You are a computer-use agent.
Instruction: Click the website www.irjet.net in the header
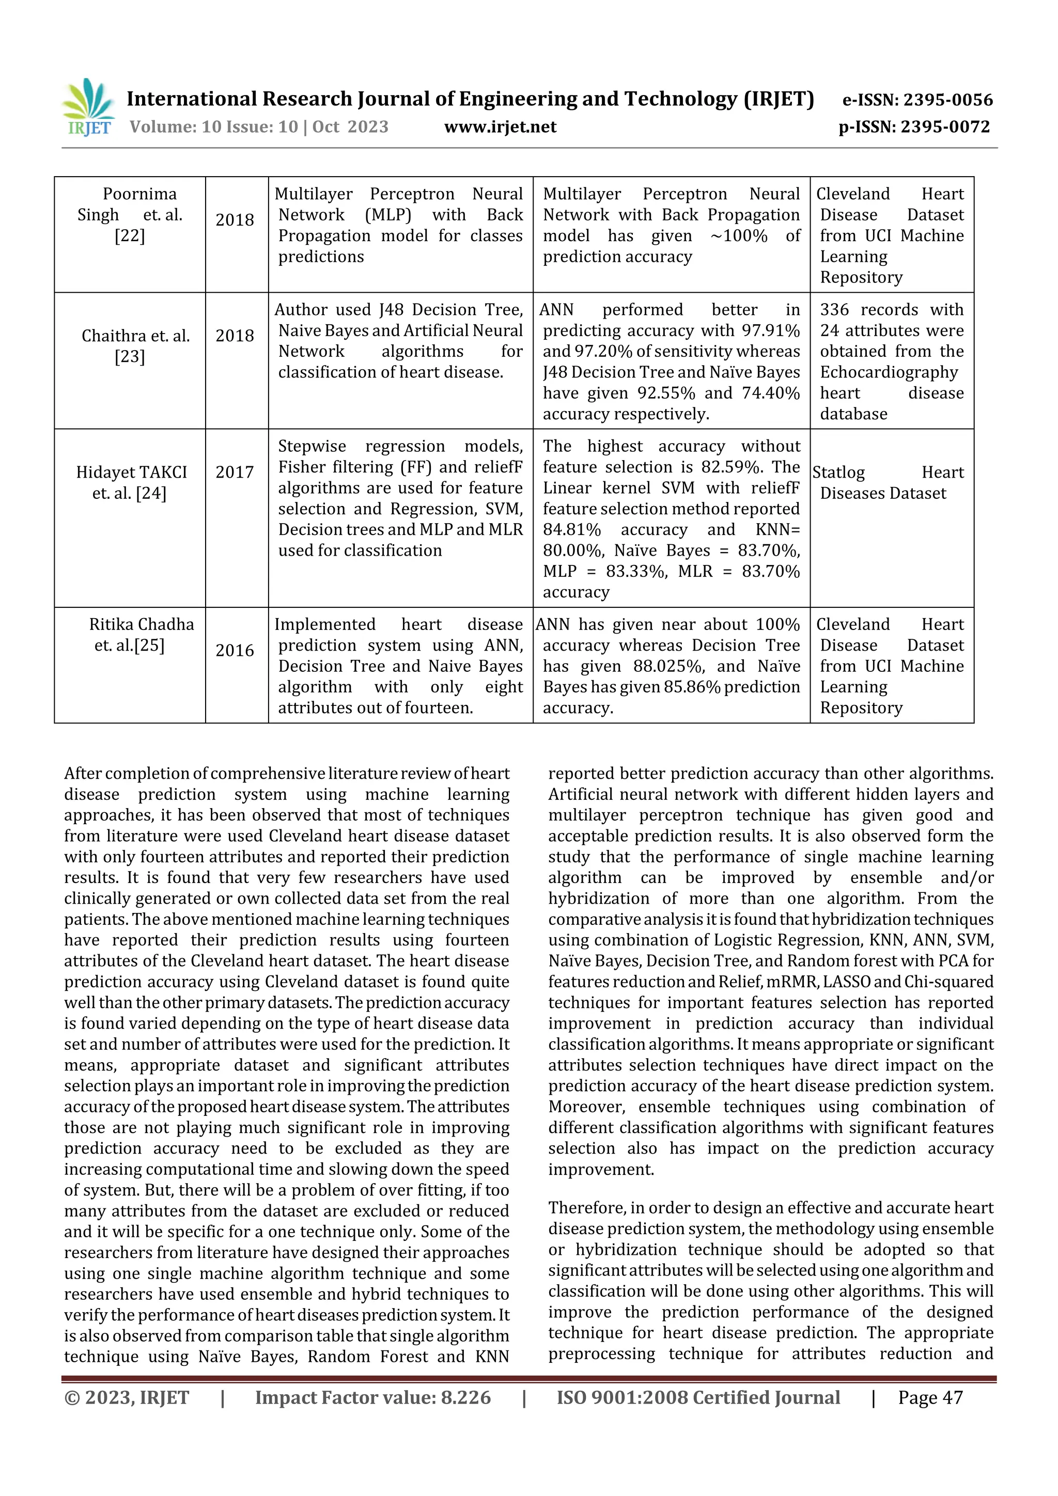[x=500, y=127]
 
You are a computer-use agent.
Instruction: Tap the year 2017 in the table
[x=235, y=473]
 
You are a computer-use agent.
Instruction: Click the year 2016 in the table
[x=235, y=650]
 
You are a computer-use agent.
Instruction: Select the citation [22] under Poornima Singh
[x=130, y=236]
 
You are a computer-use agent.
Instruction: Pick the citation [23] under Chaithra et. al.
[x=130, y=357]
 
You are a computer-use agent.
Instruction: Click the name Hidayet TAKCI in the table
[x=132, y=473]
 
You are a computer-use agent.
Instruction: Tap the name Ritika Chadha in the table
[x=142, y=624]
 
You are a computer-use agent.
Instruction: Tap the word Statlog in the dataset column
[x=839, y=473]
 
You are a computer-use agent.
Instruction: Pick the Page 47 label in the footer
[x=930, y=1397]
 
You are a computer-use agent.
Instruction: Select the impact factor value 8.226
[x=465, y=1397]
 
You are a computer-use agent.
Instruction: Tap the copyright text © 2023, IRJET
[x=127, y=1397]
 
